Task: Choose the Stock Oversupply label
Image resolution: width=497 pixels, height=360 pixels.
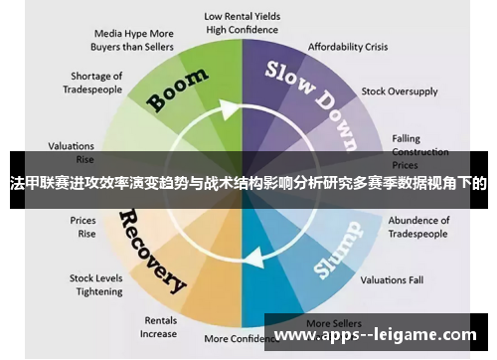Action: pos(399,90)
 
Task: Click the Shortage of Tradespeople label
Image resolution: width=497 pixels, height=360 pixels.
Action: pos(96,82)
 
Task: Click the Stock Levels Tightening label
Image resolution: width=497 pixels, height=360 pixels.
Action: pos(96,284)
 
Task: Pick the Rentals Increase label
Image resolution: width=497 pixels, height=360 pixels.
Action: pos(160,326)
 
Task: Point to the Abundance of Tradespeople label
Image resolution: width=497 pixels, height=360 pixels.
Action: pos(417,227)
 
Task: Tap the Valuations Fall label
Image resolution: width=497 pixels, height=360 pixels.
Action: pos(392,279)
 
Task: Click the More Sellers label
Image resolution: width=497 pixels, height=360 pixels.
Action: pos(333,323)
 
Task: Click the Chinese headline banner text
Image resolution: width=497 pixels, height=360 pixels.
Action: pos(248,184)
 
